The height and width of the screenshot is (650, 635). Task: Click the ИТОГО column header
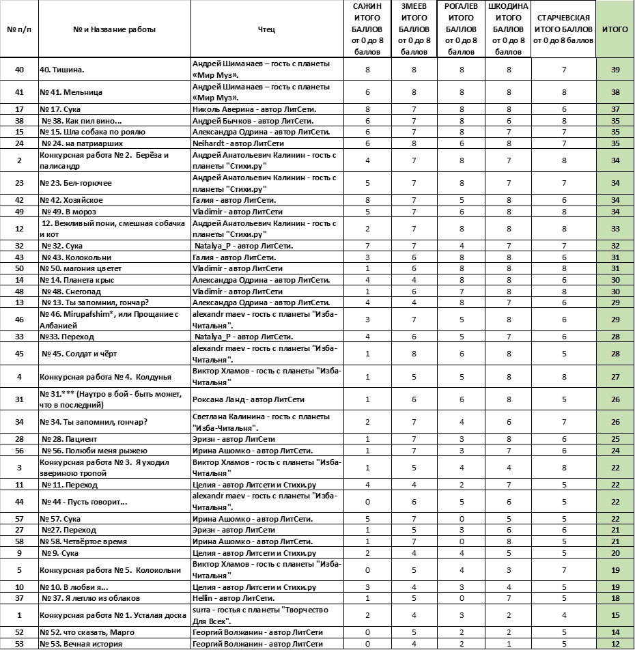615,30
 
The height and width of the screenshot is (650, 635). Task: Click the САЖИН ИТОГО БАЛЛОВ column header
367,29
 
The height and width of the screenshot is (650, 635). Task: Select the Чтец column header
267,30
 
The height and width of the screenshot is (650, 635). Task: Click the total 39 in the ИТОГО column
615,70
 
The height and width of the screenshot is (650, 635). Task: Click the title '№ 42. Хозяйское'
73,200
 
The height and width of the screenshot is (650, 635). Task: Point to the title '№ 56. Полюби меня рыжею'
89,451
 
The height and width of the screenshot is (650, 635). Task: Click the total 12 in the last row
615,644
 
